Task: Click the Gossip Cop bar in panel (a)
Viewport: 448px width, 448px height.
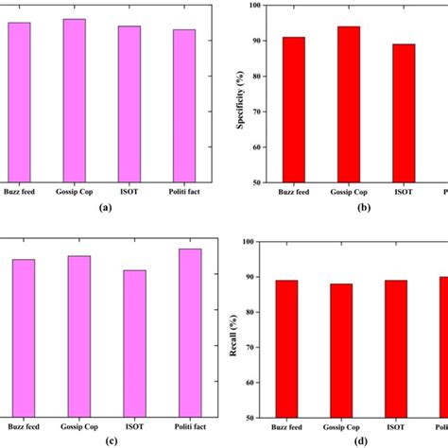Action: click(74, 100)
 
